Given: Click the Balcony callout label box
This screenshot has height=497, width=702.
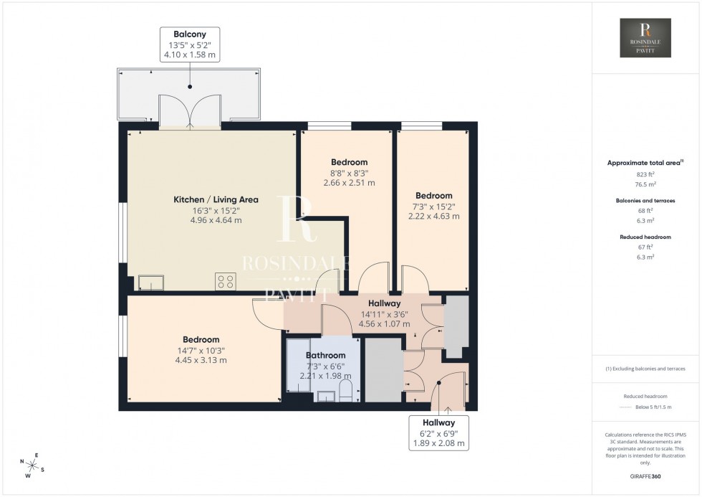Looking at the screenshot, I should click(190, 44).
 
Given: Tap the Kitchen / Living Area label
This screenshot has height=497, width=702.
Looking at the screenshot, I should click(216, 199).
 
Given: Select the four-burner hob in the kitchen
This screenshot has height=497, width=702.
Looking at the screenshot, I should click(226, 282).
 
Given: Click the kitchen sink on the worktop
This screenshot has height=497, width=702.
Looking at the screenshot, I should click(151, 283).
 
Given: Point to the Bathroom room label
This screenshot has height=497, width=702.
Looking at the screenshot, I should click(326, 355).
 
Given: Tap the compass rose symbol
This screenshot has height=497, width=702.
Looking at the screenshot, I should click(32, 465).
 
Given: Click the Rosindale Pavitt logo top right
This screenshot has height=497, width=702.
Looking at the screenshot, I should click(645, 39).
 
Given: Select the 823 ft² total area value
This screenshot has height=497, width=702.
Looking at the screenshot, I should click(645, 174).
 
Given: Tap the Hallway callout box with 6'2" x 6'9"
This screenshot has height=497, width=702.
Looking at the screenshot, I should click(438, 433).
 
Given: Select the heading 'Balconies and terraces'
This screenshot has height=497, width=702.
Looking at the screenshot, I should click(645, 201).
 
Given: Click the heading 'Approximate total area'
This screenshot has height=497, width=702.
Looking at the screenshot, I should click(644, 163).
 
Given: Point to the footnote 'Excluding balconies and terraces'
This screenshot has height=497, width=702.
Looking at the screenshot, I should click(645, 369).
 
